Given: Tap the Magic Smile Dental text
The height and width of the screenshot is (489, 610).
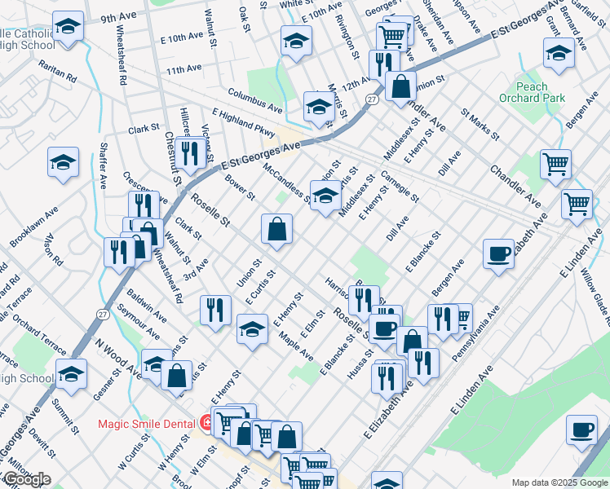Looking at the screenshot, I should pyautogui.click(x=146, y=423).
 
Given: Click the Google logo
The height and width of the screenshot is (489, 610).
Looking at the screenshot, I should pyautogui.click(x=26, y=479).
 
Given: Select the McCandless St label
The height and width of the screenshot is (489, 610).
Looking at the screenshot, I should pyautogui.click(x=286, y=183).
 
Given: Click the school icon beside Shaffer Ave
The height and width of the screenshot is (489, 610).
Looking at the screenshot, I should pyautogui.click(x=63, y=162).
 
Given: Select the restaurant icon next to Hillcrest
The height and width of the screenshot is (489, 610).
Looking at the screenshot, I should pyautogui.click(x=190, y=152).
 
